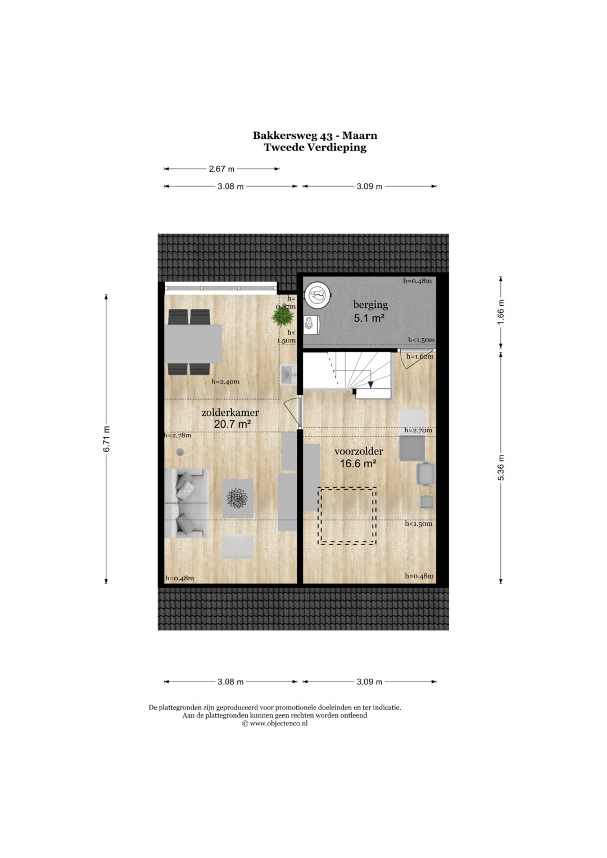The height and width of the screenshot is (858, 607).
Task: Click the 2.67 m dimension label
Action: pos(221,169)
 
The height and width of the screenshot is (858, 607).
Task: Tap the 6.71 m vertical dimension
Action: pos(107,438)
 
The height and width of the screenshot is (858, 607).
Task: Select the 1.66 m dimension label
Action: pos(501,311)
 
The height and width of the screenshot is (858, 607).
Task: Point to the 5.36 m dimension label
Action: pos(501,467)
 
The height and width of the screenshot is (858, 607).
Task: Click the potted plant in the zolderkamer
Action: pos(283,316)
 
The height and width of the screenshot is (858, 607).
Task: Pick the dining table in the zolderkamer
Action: pos(193,343)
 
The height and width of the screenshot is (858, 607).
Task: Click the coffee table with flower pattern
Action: pos(238,498)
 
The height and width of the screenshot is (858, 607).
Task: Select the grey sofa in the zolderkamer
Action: pos(187,502)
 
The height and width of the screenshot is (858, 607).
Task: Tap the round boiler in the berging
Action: pos(318,295)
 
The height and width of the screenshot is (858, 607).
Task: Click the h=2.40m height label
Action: pos(225,382)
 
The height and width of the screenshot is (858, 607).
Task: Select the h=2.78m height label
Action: pos(178,435)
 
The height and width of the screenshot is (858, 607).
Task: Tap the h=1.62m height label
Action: pos(420,357)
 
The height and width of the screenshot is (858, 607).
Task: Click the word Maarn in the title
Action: pos(360,135)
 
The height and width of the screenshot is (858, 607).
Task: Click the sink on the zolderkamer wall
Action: pos(288,375)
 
